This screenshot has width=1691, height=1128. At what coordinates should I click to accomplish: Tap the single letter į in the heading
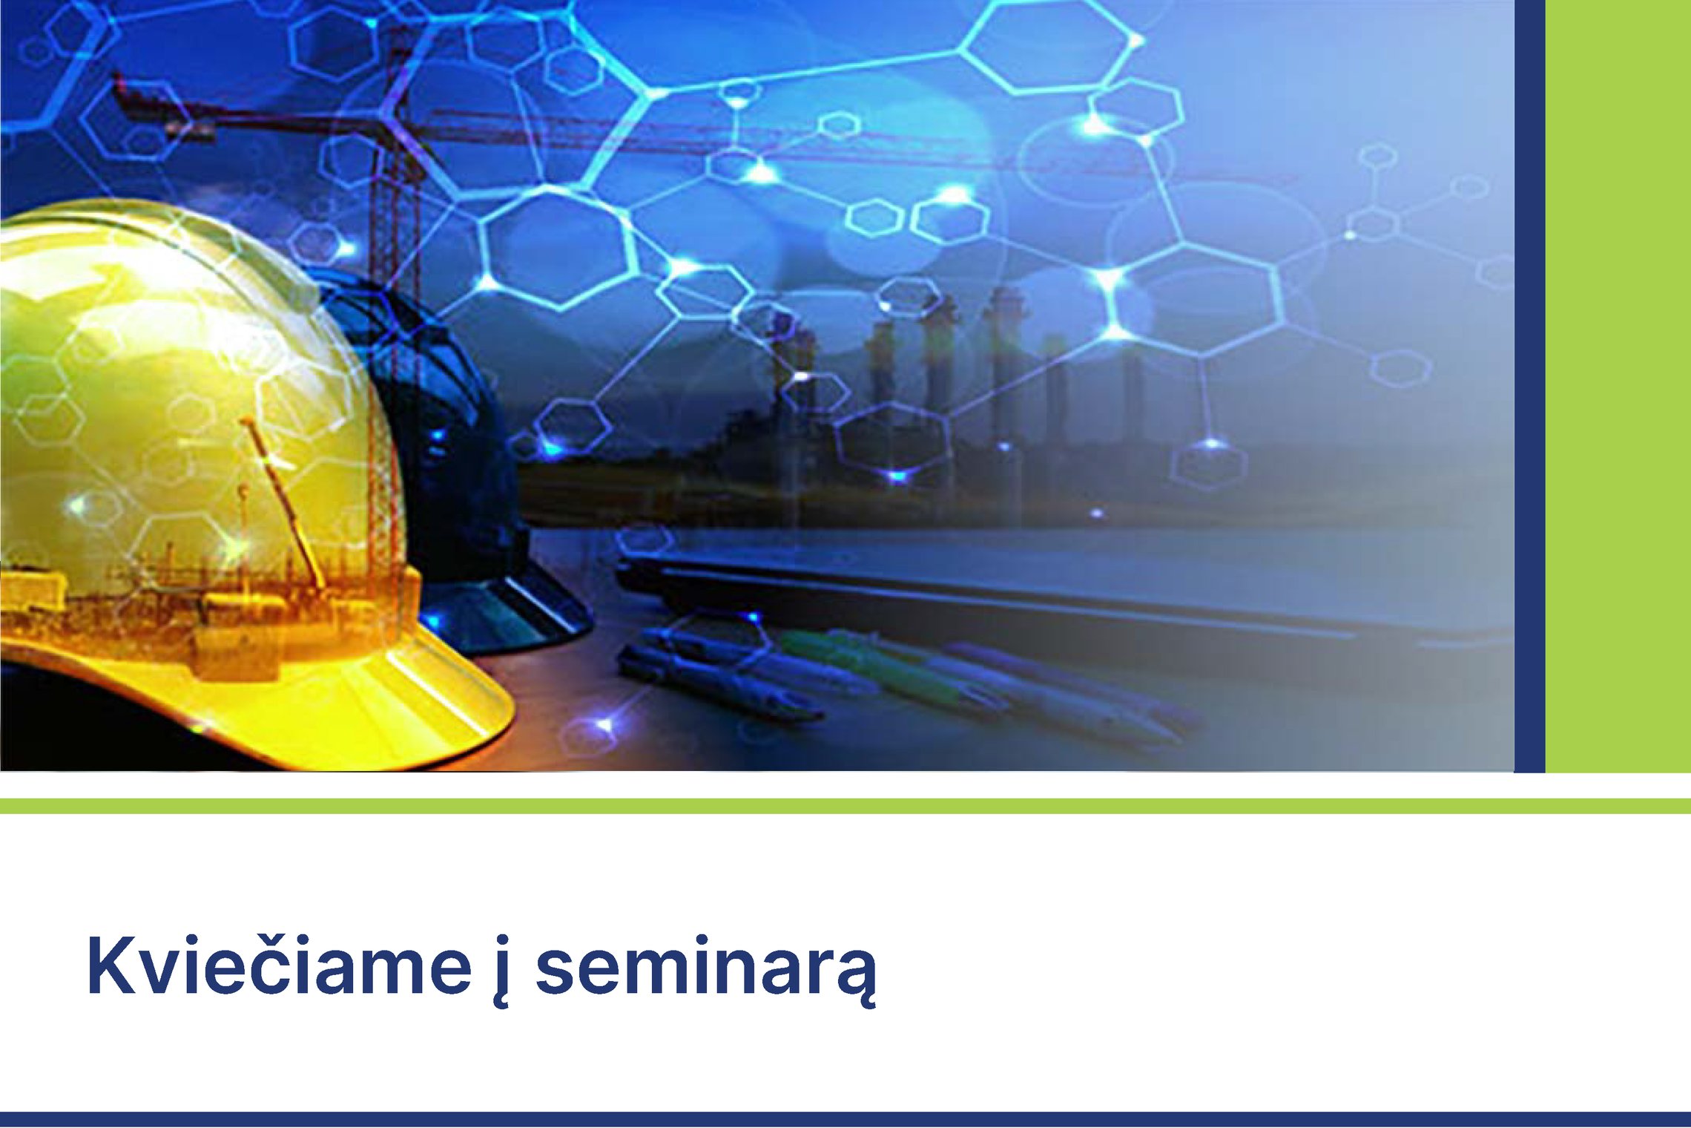point(503,971)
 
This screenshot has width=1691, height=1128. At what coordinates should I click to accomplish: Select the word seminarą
point(706,971)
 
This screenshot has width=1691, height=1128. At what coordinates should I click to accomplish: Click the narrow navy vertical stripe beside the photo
point(1529,386)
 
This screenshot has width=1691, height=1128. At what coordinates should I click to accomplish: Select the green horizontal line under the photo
point(845,806)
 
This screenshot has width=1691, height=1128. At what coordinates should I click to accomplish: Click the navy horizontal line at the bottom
point(845,1120)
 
